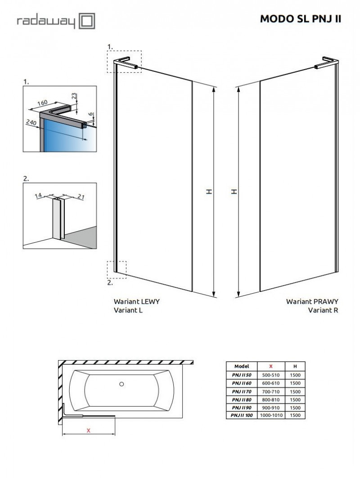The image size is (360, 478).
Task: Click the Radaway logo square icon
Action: point(87,21)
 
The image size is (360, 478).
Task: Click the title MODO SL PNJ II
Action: point(301,19)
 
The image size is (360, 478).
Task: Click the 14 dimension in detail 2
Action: point(39,196)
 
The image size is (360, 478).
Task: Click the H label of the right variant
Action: point(234,191)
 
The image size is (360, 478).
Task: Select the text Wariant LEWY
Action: point(137,302)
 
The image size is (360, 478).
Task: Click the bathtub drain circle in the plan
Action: point(121,384)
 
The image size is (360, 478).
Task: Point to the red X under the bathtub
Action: point(89,430)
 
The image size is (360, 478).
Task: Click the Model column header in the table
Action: point(242,366)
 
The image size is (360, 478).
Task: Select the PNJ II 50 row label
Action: point(242,375)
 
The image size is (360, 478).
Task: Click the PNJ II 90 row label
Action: point(242,407)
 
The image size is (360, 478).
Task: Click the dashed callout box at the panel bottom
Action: point(117,270)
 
